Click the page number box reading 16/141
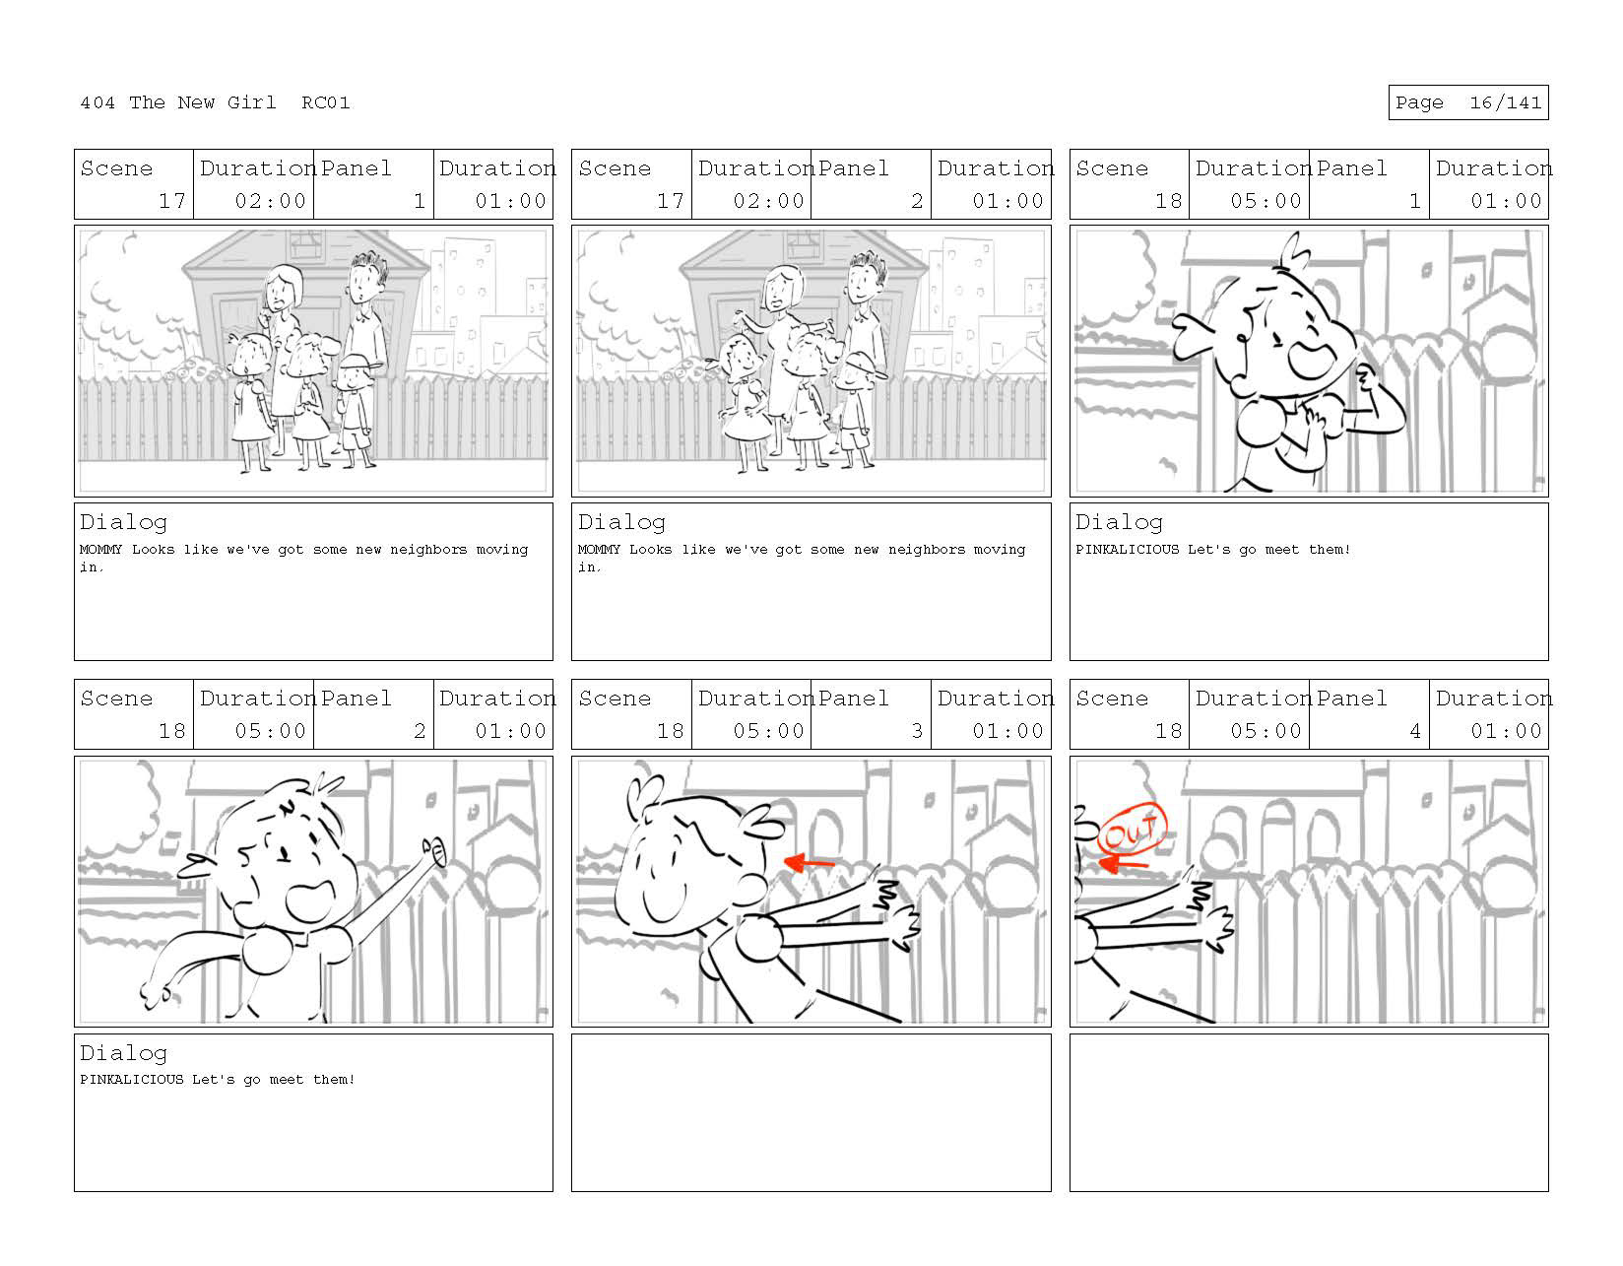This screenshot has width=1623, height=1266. [1467, 102]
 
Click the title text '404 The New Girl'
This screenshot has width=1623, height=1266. [177, 102]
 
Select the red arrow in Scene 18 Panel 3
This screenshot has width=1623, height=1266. [809, 863]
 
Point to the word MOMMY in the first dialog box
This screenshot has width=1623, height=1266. [100, 550]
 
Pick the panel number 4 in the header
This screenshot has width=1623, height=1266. [1414, 730]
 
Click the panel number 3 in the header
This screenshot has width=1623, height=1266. [917, 730]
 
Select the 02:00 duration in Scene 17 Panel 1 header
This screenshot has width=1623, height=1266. [271, 201]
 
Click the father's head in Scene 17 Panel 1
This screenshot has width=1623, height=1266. [365, 278]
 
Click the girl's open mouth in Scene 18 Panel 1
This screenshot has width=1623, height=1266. [1311, 360]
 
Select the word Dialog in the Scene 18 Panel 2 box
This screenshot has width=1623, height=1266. [123, 1052]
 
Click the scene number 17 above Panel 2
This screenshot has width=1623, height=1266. [670, 201]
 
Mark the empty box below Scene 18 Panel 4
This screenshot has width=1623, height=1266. [1309, 1112]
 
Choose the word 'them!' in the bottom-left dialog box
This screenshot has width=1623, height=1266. [334, 1079]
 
